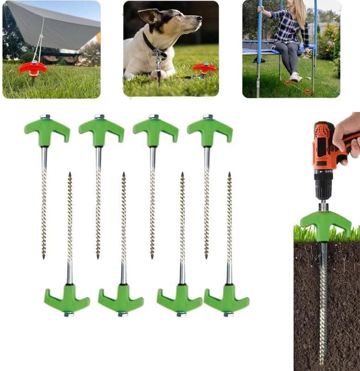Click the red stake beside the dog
204,68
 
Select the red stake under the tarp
32,68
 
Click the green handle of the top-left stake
46,130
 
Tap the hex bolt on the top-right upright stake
208,116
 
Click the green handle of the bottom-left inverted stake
68,301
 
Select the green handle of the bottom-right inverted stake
227,301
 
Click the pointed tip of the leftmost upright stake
44,256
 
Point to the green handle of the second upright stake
101,130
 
